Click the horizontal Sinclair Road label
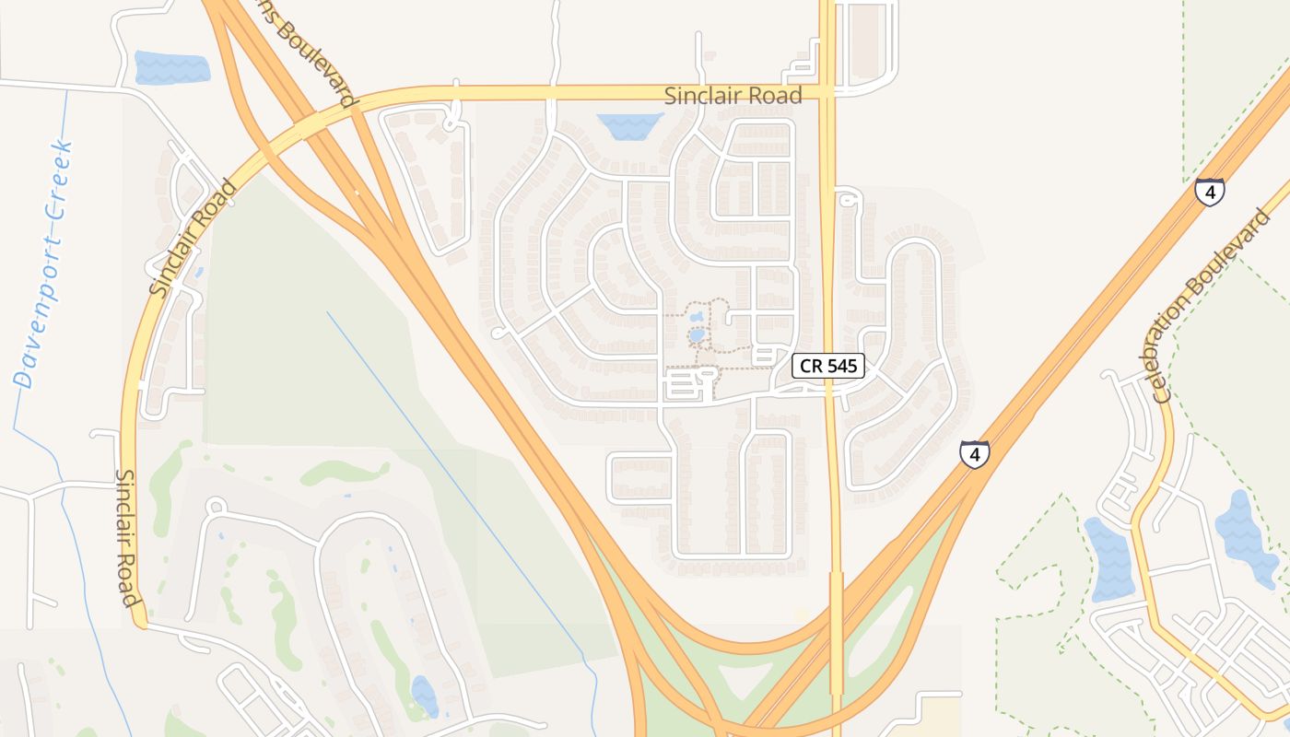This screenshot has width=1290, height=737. coord(733,95)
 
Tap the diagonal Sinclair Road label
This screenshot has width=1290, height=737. coord(193,239)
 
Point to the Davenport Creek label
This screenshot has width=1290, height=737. coord(41,264)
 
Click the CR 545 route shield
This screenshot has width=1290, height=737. coord(828,366)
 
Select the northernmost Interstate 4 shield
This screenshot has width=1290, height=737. coord(1209,192)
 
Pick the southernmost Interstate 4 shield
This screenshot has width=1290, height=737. coord(974,454)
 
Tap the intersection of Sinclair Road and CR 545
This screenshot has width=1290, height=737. coord(827,93)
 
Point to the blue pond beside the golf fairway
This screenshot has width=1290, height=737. coord(424,696)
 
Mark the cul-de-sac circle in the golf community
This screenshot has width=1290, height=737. coord(216,506)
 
